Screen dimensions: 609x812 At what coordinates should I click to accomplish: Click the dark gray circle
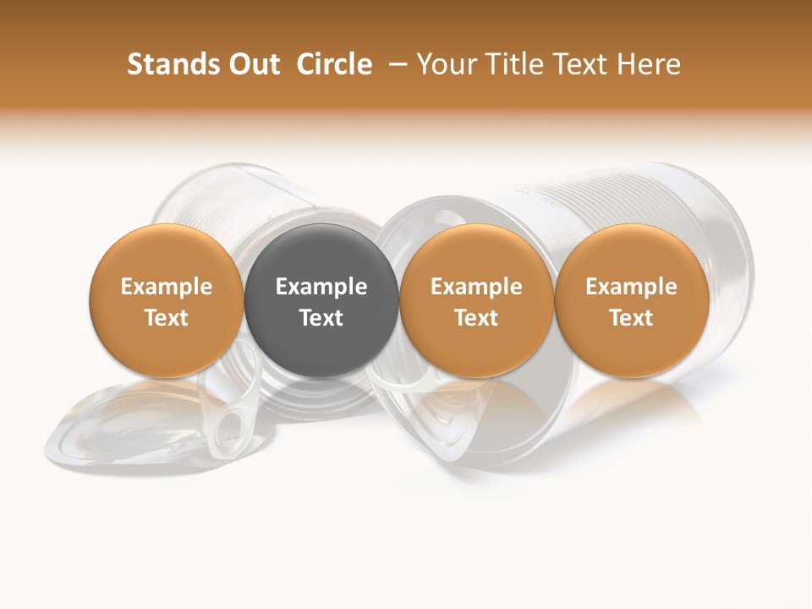(321, 300)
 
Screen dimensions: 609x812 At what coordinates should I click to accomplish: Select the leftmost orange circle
(167, 300)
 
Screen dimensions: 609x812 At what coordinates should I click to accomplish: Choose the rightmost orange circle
(631, 300)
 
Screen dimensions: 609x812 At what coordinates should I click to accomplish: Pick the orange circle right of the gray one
(476, 300)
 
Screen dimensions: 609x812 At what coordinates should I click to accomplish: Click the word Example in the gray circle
(321, 287)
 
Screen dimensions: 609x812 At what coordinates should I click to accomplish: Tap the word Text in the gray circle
(321, 318)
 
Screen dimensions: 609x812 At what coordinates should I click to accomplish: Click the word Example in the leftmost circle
(167, 287)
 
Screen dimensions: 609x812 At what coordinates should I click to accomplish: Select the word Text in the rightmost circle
(631, 318)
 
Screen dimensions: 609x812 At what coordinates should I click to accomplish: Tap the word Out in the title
(253, 64)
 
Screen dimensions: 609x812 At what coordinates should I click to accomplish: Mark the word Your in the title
(445, 64)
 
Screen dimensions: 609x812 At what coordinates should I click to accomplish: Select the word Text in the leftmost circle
(167, 318)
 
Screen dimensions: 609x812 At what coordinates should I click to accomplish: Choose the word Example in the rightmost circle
(631, 287)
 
